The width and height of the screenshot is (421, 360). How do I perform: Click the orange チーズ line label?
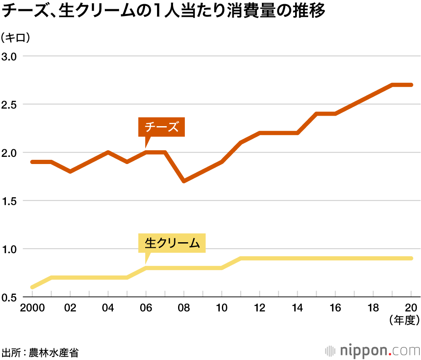[x=162, y=127]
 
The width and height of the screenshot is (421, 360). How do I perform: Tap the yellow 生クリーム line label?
[x=172, y=243]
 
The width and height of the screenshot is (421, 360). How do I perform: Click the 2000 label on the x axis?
[x=32, y=308]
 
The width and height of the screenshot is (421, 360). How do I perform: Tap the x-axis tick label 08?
[x=184, y=308]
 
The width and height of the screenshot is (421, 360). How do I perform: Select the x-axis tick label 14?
[x=298, y=308]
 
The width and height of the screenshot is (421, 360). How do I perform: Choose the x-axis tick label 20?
[x=411, y=308]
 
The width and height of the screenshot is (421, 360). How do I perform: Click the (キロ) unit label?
[x=17, y=38]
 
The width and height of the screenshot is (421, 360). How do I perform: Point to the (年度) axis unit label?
[x=405, y=320]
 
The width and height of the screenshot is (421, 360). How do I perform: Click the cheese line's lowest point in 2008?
[x=184, y=181]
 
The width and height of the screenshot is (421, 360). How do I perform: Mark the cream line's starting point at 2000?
[x=32, y=287]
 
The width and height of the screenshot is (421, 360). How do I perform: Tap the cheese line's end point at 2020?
[x=411, y=85]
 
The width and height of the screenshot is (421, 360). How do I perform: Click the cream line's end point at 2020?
[x=411, y=258]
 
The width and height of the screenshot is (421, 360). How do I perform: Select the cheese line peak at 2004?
[x=108, y=152]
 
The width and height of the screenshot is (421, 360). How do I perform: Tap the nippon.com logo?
[x=373, y=350]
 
